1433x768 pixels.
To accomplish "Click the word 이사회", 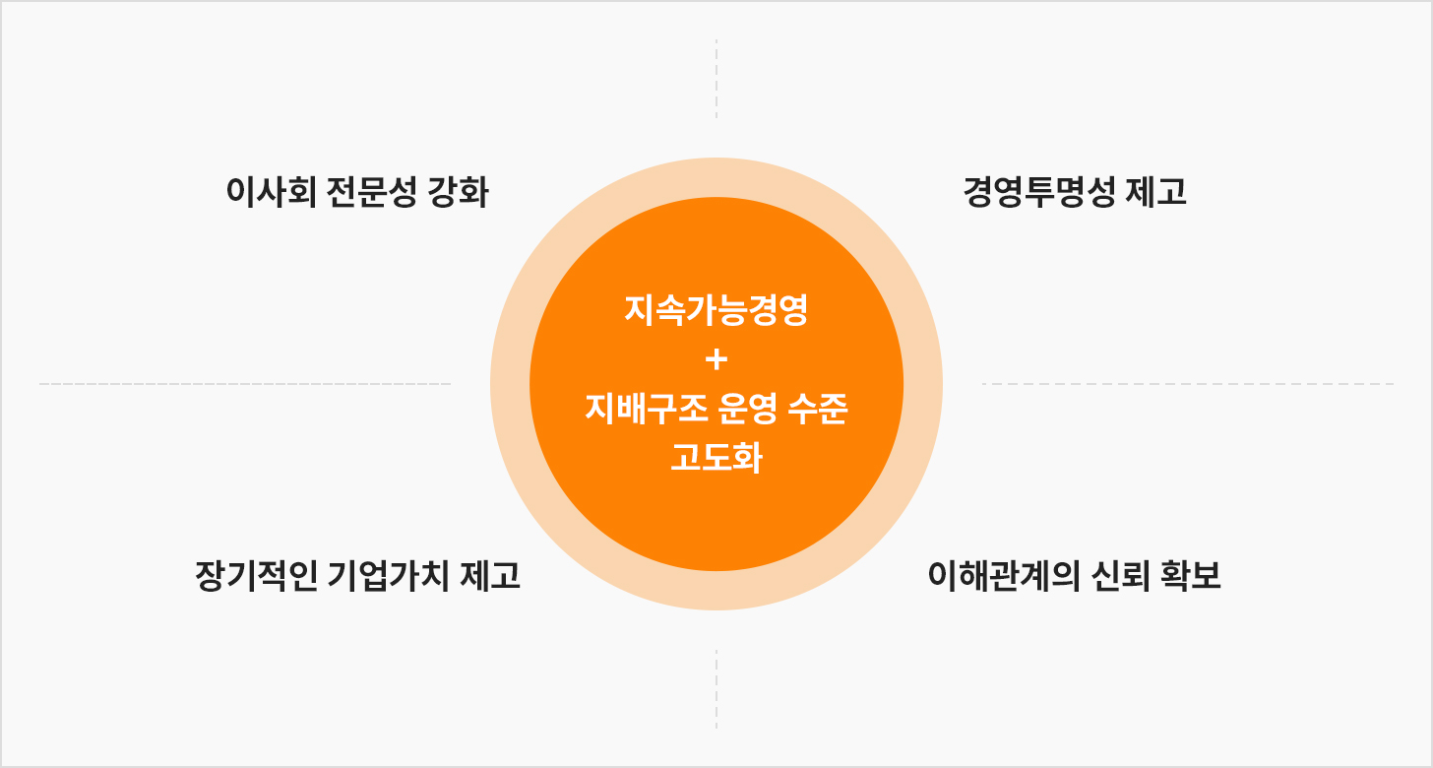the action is pos(272,192).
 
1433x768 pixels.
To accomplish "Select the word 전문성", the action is pos(372,192).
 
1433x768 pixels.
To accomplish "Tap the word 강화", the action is pos(458,192).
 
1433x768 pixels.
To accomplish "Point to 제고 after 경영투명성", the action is pos(1156,192).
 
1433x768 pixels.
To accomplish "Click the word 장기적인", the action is pos(256,575).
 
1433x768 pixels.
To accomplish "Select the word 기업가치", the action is pos(388,575).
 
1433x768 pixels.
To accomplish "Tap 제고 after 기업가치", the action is pos(490,575).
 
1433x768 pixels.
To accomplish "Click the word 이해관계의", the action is pos(1004,575).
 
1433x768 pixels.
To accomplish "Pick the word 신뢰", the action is pos(1121,575).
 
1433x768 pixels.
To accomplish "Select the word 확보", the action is pos(1191,575).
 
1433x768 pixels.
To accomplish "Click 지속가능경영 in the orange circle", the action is pos(716,310).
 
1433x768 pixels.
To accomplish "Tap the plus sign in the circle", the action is pos(716,359).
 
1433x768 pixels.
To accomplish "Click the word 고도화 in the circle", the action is pos(716,457).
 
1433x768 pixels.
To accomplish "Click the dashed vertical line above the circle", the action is pos(716,79).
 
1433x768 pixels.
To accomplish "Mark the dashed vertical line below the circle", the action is pos(716,689).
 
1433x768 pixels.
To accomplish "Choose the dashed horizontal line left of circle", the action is pos(245,384).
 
